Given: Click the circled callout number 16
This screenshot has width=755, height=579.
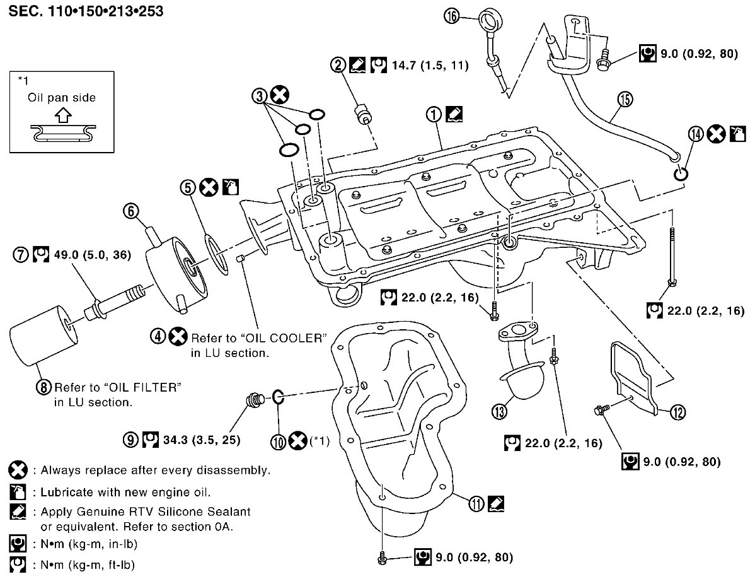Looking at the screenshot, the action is click(x=452, y=16).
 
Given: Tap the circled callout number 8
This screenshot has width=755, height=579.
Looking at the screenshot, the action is click(x=44, y=387).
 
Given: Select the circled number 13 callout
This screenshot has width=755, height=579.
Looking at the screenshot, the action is click(x=499, y=411).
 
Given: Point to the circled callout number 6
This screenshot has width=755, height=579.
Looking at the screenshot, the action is click(x=131, y=211).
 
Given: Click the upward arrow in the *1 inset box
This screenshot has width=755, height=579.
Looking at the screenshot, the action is click(x=62, y=115).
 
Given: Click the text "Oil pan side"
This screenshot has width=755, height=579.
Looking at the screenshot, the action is click(x=62, y=97).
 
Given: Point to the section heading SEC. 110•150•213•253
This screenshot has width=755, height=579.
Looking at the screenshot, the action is click(x=86, y=11).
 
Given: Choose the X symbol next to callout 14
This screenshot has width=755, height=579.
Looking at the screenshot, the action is click(x=716, y=134).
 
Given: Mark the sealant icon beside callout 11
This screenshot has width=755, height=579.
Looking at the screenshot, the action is click(x=495, y=503).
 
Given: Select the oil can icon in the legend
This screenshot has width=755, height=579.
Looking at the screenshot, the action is click(x=18, y=492).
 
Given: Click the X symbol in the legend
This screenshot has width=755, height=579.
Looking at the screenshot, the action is click(x=18, y=470).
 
